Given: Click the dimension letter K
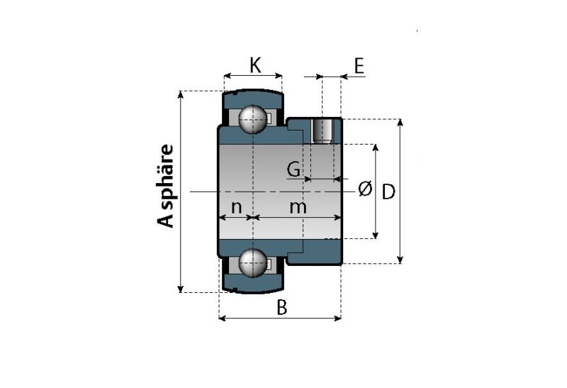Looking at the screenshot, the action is (255, 65).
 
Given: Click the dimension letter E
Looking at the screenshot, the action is (359, 65).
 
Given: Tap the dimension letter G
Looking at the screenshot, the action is (293, 169).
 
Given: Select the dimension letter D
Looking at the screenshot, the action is (388, 192).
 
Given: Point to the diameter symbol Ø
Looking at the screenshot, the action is (365, 189).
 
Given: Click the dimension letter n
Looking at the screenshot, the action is (236, 207).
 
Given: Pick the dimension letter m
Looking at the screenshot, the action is (298, 207).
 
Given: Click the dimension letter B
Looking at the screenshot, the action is (281, 307).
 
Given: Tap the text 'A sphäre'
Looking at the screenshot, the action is (166, 186).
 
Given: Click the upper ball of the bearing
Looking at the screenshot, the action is (252, 119).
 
